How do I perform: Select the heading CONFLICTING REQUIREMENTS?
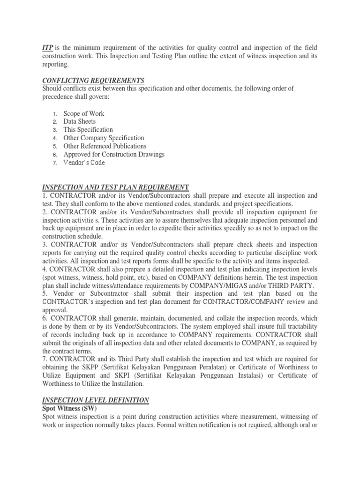point(93,80)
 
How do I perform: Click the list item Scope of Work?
point(84,113)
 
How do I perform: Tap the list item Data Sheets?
point(80,121)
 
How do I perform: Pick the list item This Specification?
point(88,129)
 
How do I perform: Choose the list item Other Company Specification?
point(104,138)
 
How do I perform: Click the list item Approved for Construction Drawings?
point(114,154)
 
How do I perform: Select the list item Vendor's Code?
point(84,163)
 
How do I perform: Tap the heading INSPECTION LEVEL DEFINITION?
point(96,400)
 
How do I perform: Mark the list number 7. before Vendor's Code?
point(54,163)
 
